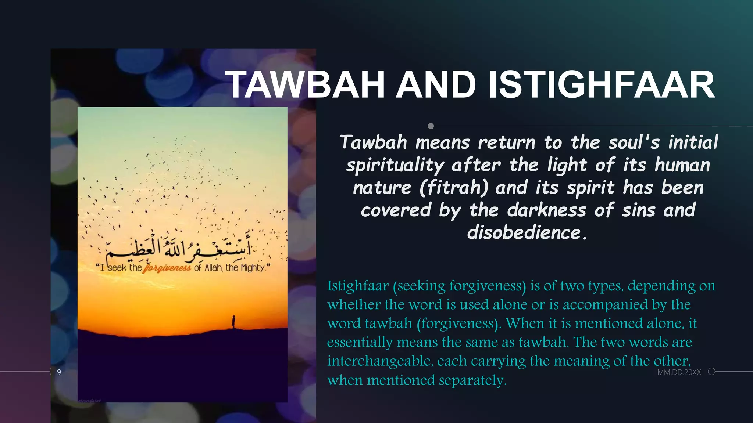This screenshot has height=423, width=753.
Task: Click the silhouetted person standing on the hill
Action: [x=233, y=322]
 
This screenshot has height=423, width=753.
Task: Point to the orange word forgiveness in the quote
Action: [x=167, y=268]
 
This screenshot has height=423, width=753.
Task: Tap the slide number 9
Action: [x=59, y=372]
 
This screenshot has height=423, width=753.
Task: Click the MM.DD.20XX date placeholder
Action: [x=679, y=372]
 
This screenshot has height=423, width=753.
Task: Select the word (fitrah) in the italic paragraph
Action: [x=454, y=188]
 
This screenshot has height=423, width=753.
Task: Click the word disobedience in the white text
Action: [x=524, y=233]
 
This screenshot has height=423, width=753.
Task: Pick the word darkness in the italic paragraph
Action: [x=547, y=210]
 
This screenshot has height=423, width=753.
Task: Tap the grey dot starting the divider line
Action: [x=431, y=126]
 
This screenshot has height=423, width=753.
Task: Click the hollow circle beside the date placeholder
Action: [x=711, y=372]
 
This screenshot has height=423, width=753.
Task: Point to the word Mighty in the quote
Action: [x=253, y=268]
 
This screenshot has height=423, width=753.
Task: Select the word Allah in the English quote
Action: [x=213, y=268]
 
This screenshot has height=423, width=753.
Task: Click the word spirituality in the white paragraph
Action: [x=395, y=165]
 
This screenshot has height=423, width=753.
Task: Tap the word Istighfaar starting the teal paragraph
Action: [x=358, y=286]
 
